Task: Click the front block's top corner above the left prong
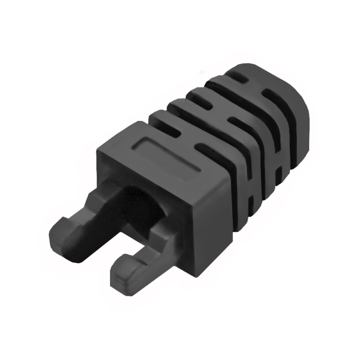tap(101, 149)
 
